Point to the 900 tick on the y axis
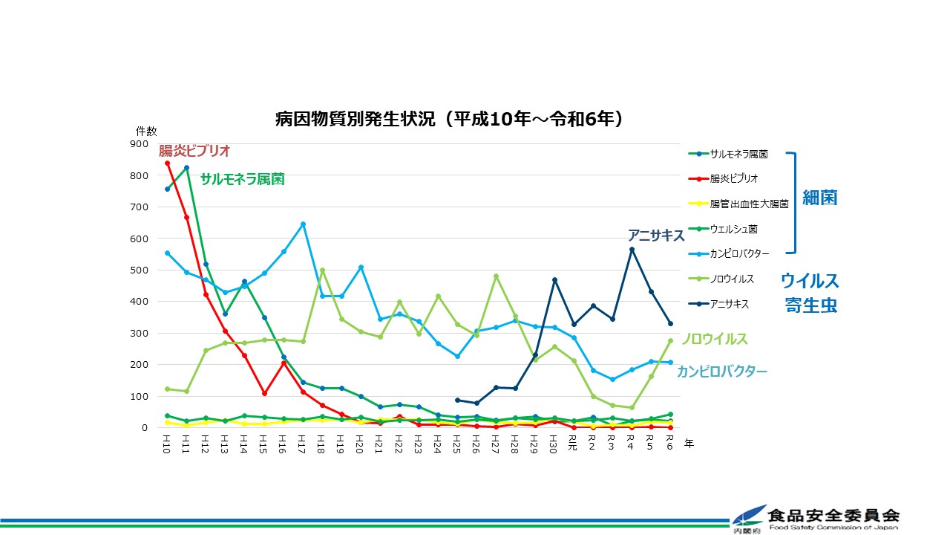pos(139,144)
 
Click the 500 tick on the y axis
pos(139,270)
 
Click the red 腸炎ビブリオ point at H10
pos(167,163)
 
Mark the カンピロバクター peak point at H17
pos(303,224)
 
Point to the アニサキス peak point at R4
pos(631,250)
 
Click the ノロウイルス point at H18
pos(322,270)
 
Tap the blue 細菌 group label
pos(820,198)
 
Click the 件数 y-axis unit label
pos(146,131)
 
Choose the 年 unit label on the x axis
pos(689,444)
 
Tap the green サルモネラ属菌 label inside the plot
pos(242,179)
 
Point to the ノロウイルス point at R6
pos(669,341)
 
